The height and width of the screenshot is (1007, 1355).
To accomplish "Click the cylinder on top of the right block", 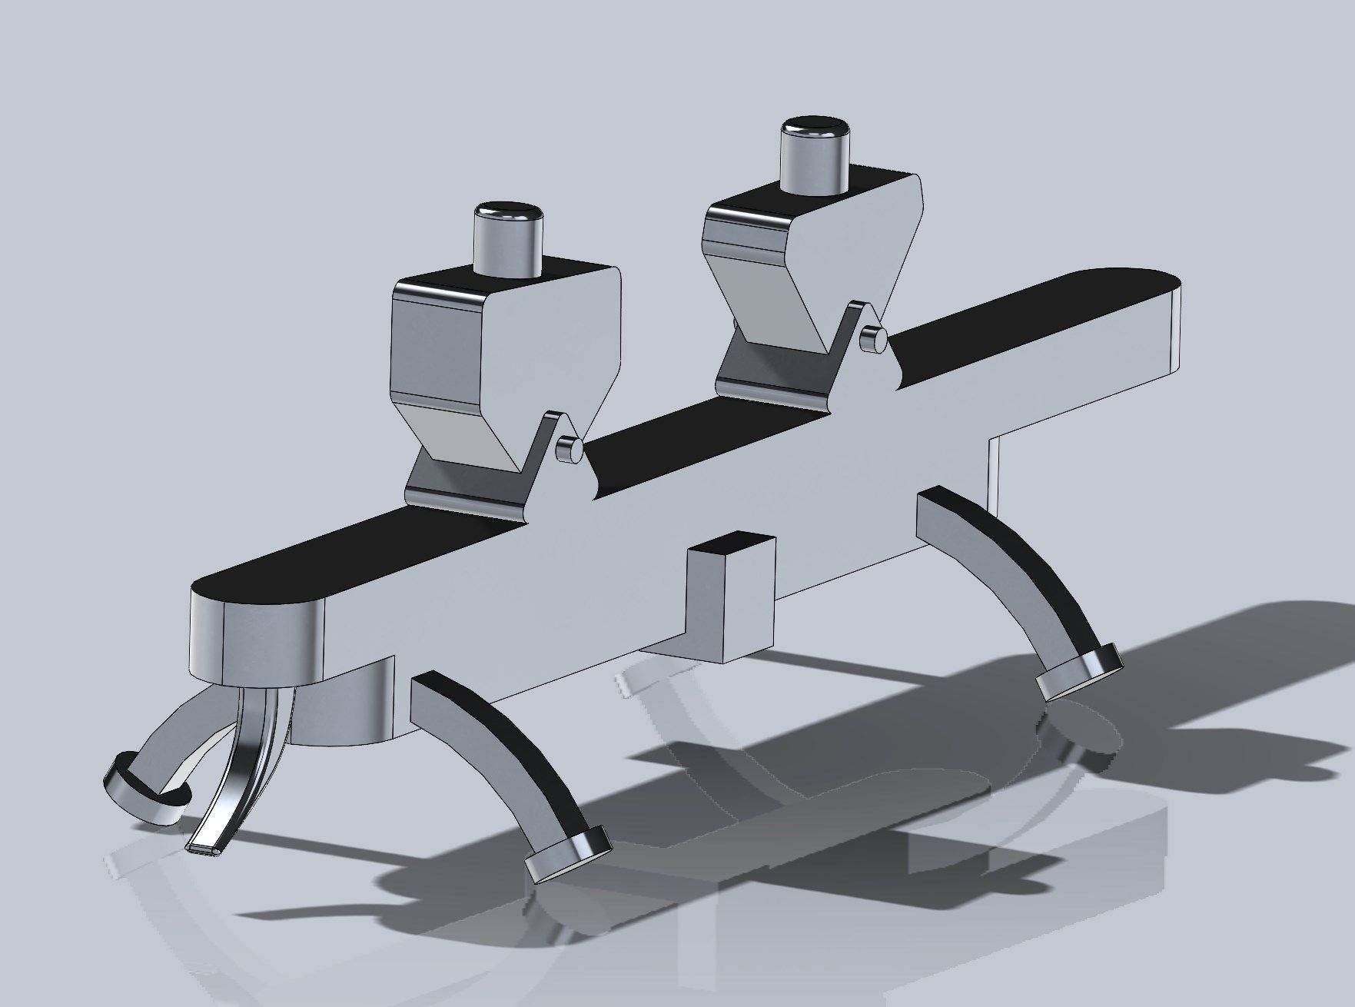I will (x=815, y=155).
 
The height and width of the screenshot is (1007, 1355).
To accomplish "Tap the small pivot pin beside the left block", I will (x=570, y=449).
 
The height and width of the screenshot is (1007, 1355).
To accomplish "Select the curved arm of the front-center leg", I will (x=492, y=738).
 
